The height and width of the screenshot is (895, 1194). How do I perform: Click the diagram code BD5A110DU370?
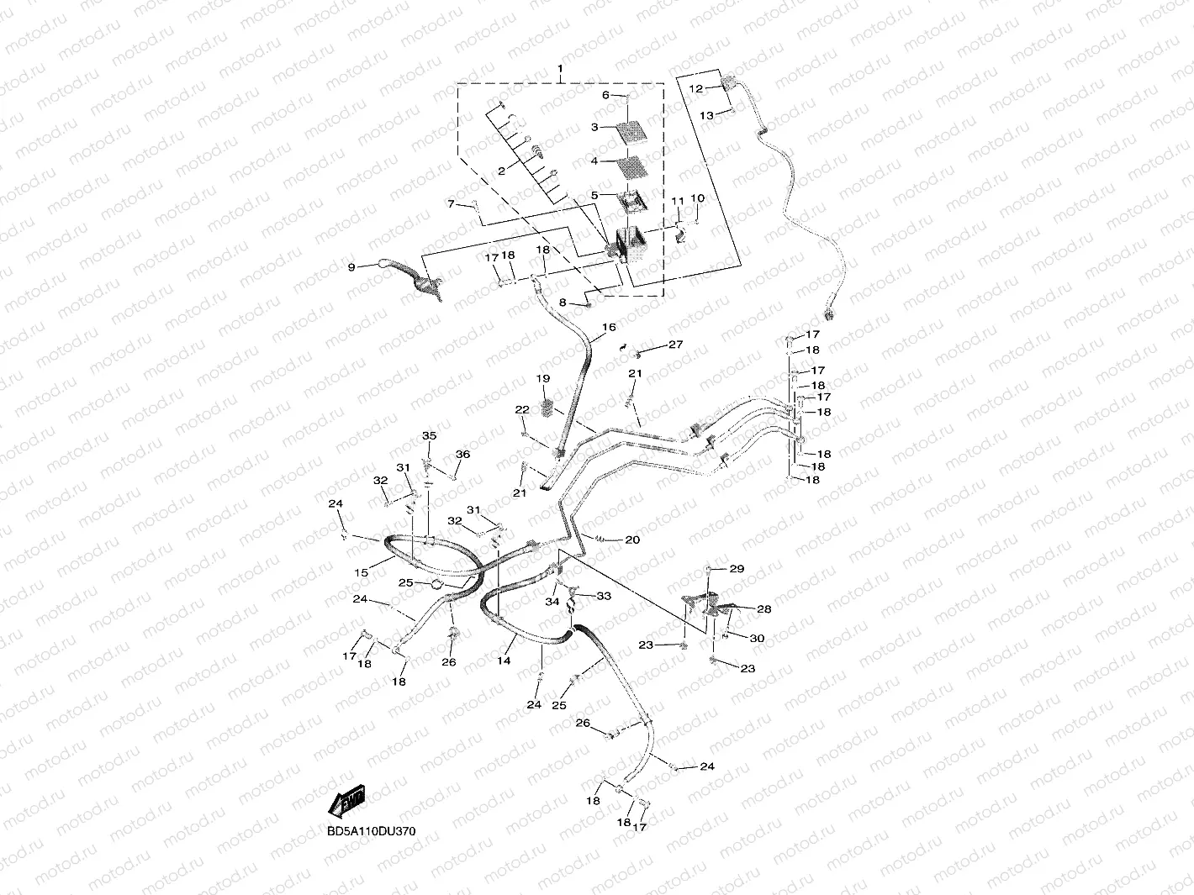click(371, 831)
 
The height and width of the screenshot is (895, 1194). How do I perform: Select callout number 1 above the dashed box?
click(561, 67)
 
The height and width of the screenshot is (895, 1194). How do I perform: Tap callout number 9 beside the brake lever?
click(351, 267)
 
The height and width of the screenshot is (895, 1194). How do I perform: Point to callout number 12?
click(695, 88)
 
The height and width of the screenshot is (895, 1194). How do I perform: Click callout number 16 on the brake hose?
click(609, 327)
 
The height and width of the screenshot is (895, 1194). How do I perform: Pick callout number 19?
click(544, 379)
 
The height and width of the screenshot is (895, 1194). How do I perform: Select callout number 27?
click(675, 345)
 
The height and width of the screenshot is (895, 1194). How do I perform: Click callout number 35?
click(430, 435)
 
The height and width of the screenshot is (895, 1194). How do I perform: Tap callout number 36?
click(462, 455)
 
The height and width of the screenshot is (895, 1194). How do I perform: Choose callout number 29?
click(737, 569)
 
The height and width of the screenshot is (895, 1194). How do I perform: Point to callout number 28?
click(763, 608)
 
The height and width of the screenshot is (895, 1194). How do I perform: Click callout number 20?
click(632, 540)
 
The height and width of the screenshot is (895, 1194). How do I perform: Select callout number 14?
click(504, 661)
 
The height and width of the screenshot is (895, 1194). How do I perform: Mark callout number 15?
click(361, 572)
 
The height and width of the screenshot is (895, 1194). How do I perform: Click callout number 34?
click(552, 602)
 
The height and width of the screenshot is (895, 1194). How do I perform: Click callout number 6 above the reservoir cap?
click(605, 95)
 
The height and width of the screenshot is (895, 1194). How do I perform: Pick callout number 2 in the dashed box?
click(502, 171)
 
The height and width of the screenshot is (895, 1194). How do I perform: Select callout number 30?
click(757, 639)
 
